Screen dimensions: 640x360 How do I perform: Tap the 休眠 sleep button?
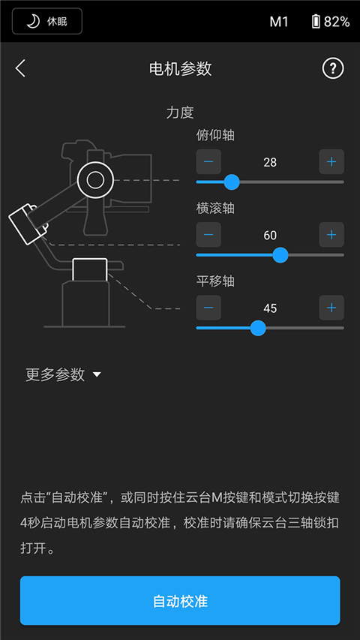click(x=47, y=21)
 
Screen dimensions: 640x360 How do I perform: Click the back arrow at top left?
click(x=20, y=68)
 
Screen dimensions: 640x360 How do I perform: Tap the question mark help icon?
click(x=332, y=68)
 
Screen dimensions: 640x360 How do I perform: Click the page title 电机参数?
click(x=180, y=68)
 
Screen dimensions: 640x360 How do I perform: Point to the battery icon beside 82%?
click(x=316, y=22)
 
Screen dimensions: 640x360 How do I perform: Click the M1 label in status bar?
click(x=279, y=22)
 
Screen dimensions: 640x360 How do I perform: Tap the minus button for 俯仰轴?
click(x=208, y=162)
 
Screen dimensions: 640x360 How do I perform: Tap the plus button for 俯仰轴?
click(x=331, y=162)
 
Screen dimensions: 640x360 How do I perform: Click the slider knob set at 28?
click(x=232, y=182)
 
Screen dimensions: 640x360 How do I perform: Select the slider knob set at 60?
click(x=280, y=255)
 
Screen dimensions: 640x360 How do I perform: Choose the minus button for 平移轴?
click(x=208, y=308)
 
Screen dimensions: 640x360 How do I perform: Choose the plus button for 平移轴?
click(x=331, y=308)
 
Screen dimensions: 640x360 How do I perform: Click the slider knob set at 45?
click(x=258, y=328)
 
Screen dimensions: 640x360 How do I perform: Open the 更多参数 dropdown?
click(x=63, y=375)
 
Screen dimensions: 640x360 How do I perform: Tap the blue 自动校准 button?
click(x=180, y=601)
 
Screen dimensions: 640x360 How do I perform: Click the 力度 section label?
click(x=180, y=113)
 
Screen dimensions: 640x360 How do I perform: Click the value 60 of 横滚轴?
click(x=270, y=235)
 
